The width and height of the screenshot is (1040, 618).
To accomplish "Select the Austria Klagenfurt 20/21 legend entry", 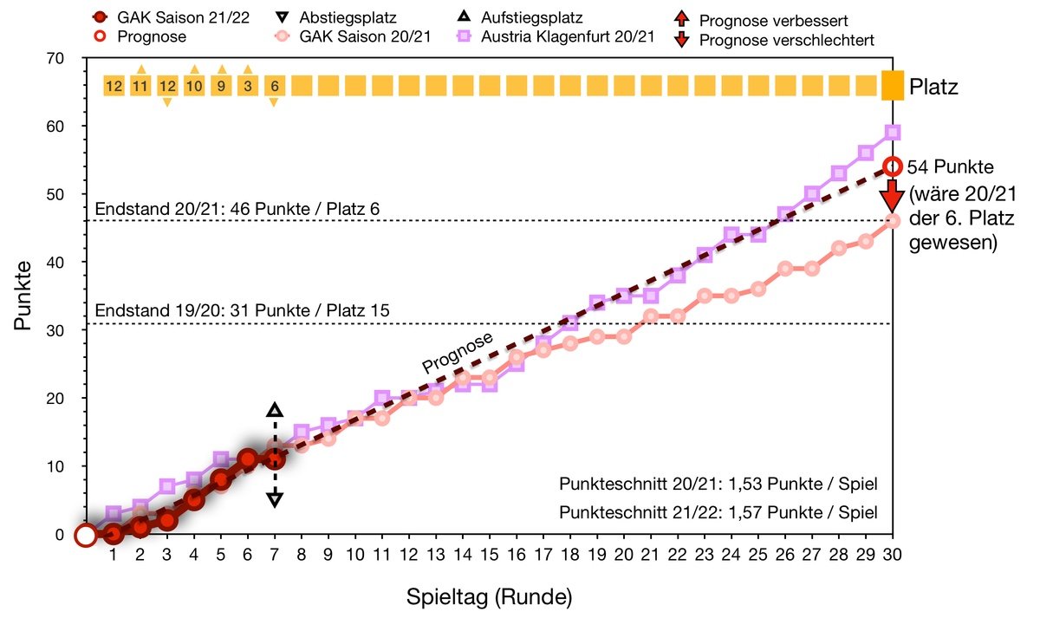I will coord(555,37).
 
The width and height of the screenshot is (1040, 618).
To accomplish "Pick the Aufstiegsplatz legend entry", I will coord(533,17).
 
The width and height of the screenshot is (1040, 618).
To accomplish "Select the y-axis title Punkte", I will coord(23,296).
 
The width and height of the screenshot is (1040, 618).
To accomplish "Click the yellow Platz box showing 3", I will coord(248,85).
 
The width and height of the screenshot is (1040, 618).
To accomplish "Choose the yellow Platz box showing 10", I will coord(194,85).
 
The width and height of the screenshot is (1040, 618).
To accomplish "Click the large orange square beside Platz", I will coord(893,85).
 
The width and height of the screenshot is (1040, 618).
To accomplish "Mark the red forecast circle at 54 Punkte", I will coord(893,166).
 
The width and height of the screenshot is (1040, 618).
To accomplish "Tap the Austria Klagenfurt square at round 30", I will coord(893,133).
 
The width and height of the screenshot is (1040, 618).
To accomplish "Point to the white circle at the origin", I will coord(85,535).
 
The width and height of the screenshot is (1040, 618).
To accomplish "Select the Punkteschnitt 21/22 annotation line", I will coord(718,512).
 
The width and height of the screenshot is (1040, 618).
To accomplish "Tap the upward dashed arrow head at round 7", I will coord(275,411).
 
